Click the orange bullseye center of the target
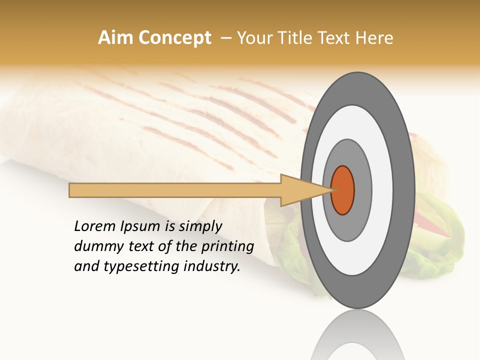343,190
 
